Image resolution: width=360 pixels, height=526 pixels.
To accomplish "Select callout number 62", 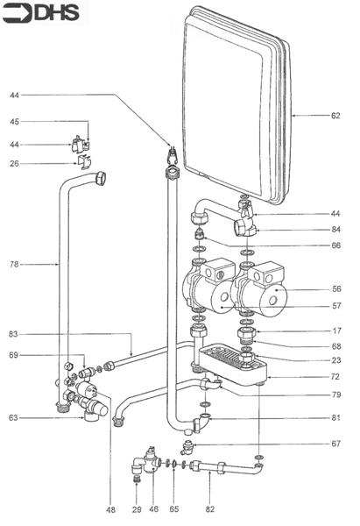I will [335, 115].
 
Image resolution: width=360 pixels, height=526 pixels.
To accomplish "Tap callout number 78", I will [15, 262].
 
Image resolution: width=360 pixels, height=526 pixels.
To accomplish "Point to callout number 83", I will [15, 334].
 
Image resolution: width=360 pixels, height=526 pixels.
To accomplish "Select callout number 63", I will [15, 417].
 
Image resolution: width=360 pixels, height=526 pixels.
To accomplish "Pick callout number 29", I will [136, 508].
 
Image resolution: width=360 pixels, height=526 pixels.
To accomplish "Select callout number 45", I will [15, 122].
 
